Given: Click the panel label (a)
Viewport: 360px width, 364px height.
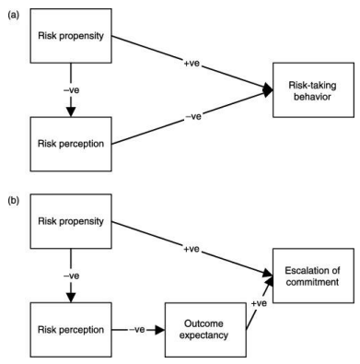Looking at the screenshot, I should pyautogui.click(x=12, y=12).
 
